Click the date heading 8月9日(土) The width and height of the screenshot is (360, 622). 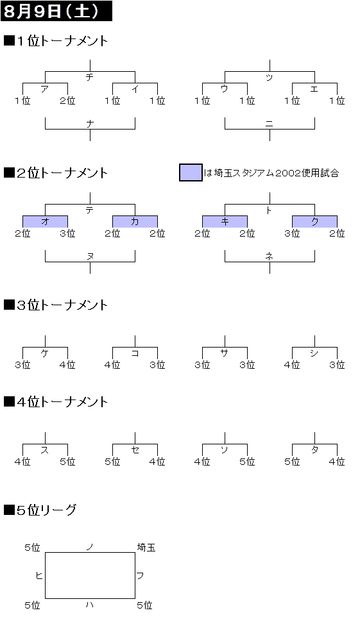pyautogui.click(x=51, y=11)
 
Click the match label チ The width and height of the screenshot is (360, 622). pyautogui.click(x=90, y=77)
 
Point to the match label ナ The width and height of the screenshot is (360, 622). pyautogui.click(x=90, y=124)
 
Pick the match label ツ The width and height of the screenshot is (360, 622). pyautogui.click(x=270, y=78)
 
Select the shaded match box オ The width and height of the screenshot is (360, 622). pyautogui.click(x=46, y=222)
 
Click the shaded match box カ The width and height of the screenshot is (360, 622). pyautogui.click(x=135, y=222)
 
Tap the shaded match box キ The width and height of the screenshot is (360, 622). pyautogui.click(x=225, y=222)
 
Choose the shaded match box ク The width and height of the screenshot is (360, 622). pyautogui.click(x=314, y=222)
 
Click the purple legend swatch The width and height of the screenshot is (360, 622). pyautogui.click(x=191, y=172)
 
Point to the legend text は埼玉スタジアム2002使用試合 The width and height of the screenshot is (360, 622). pyautogui.click(x=271, y=173)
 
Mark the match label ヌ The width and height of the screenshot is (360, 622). pyautogui.click(x=90, y=256)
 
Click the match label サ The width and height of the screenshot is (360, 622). pyautogui.click(x=225, y=353)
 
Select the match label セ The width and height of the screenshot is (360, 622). pyautogui.click(x=135, y=450)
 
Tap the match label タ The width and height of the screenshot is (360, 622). pyautogui.click(x=314, y=450)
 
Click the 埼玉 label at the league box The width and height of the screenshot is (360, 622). pyautogui.click(x=146, y=548)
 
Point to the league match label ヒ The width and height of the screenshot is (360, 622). pyautogui.click(x=39, y=575)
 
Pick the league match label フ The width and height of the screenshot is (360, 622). pyautogui.click(x=140, y=575)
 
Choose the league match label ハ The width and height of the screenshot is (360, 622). pyautogui.click(x=90, y=605)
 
